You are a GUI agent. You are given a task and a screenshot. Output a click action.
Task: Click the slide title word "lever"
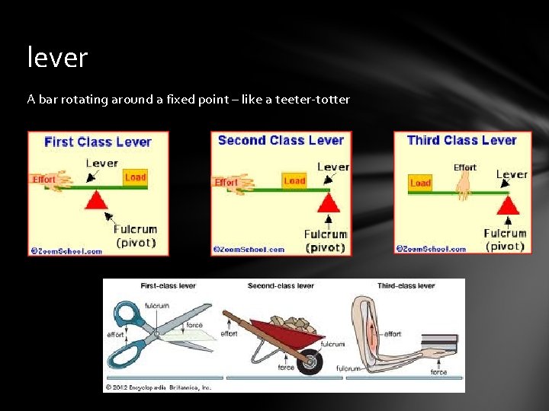[x=57, y=57]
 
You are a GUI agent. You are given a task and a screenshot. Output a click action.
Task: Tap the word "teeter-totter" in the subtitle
[x=314, y=99]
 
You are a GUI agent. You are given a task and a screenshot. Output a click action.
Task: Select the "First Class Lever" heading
[x=98, y=142]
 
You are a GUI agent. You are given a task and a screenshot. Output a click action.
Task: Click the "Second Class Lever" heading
[x=281, y=140]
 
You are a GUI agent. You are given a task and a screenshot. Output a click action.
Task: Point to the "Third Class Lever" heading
[x=462, y=140]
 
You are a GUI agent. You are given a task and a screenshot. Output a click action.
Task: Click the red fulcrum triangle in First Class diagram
[x=96, y=202]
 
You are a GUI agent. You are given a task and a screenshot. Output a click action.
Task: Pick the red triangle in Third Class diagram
[x=509, y=204]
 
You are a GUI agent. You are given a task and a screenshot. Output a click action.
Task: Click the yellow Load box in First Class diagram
[x=135, y=177]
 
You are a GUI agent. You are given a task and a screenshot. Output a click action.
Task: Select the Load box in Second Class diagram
[x=294, y=181]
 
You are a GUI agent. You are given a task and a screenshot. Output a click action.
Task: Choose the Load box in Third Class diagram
[x=420, y=183]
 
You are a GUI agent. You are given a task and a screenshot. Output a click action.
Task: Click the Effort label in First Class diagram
[x=44, y=180]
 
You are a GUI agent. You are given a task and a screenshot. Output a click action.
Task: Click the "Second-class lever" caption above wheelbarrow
[x=281, y=286]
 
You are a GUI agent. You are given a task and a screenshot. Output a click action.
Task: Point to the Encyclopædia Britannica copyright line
[x=158, y=386]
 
